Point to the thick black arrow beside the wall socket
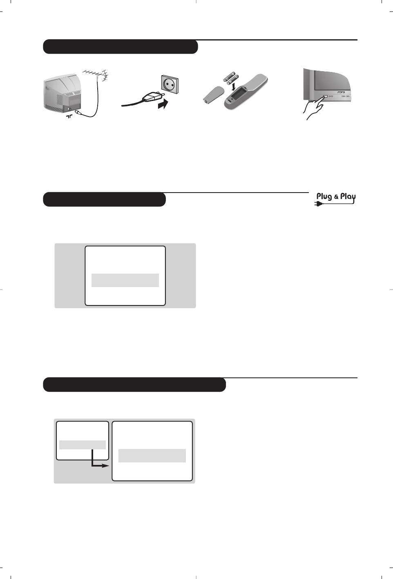pos(163,105)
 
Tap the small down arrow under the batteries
pos(233,87)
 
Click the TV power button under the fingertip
pos(325,96)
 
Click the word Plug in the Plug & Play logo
pos(324,196)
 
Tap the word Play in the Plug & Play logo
pos(348,196)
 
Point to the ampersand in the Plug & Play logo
pos(336,197)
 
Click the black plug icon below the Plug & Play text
pos(319,203)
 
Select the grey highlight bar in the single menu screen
pos(125,280)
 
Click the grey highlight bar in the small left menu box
pos(83,445)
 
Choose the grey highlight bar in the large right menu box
pos(152,456)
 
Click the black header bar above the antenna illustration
pos(120,47)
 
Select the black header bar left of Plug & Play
pos(104,200)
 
